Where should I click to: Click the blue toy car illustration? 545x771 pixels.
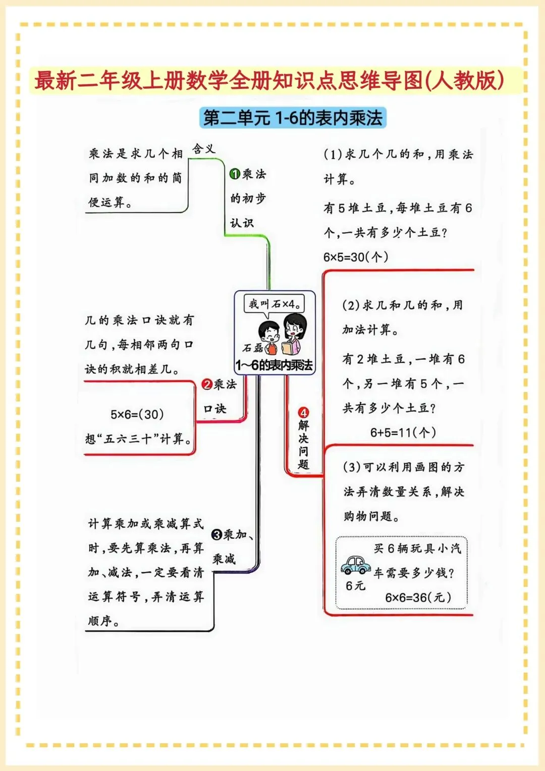(356, 565)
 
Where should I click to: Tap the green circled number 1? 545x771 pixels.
(235, 174)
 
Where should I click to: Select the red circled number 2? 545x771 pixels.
(207, 384)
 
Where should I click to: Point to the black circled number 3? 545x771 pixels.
(217, 535)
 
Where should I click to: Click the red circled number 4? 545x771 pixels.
(303, 413)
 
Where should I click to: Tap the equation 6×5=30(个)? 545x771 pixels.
(356, 257)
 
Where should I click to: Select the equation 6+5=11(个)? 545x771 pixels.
(403, 432)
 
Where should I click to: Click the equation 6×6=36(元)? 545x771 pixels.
(418, 597)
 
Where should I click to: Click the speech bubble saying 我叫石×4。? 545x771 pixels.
(275, 304)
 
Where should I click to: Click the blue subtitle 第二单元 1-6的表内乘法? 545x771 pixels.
(292, 118)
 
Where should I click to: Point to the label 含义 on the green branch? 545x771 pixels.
(203, 149)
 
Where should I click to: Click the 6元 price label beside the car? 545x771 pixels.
(355, 585)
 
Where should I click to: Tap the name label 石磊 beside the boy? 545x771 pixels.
(252, 348)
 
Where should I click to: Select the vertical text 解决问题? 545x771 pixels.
(303, 445)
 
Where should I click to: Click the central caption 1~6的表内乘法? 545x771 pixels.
(274, 365)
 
